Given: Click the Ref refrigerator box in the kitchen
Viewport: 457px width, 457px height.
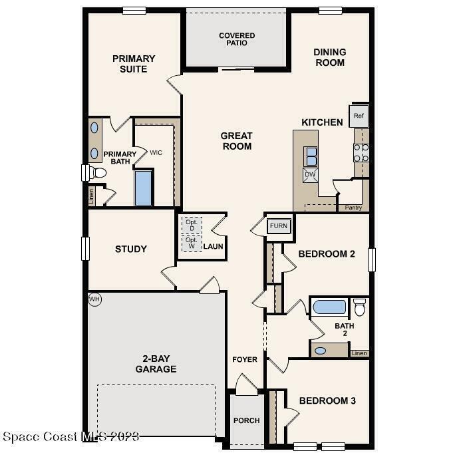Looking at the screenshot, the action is (x=359, y=116).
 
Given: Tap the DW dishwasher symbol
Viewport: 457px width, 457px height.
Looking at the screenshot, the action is (x=310, y=175).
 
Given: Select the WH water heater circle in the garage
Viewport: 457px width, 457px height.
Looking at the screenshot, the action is (x=94, y=299).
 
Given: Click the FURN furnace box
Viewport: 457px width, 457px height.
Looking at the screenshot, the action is (x=279, y=226).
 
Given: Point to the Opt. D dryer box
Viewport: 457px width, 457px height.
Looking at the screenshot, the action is (x=192, y=226).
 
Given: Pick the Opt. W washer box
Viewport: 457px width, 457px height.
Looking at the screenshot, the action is (x=192, y=243).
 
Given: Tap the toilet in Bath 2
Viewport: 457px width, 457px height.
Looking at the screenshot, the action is (x=360, y=307).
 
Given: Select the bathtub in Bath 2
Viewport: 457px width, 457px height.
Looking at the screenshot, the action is (x=330, y=307).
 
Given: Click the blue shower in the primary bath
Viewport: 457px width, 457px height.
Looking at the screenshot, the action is (x=144, y=188).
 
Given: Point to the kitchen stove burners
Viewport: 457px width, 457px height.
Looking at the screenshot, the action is (x=361, y=153).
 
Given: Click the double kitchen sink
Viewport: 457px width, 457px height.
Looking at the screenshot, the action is (x=311, y=156).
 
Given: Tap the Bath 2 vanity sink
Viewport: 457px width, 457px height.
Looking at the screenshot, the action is (x=321, y=351).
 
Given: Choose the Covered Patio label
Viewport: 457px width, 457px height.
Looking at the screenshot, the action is (x=237, y=39).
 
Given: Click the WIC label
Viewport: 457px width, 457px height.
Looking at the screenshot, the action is (x=156, y=153).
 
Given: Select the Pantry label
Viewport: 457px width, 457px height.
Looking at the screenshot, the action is (x=353, y=208).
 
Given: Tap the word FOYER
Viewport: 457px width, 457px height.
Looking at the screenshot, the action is (x=245, y=360).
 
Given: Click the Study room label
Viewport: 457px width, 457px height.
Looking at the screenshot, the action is (x=131, y=249).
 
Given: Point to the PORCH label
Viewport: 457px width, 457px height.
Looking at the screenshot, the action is (x=247, y=420).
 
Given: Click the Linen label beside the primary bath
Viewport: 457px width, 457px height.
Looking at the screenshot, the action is (x=91, y=196).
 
